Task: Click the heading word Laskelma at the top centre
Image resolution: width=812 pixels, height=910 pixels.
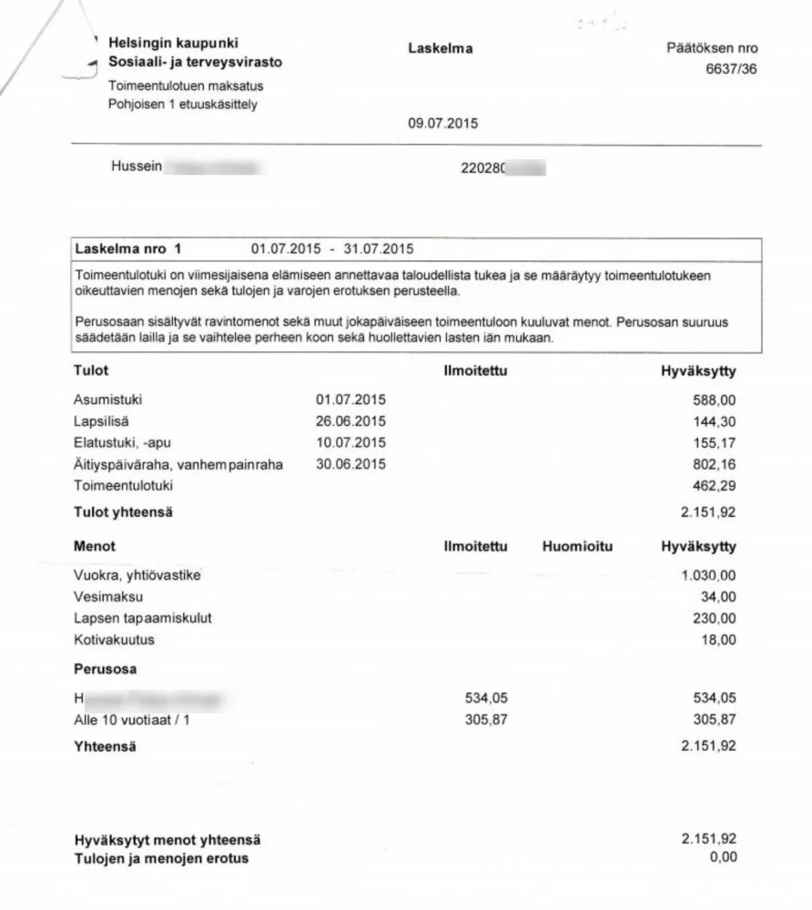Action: tap(441, 48)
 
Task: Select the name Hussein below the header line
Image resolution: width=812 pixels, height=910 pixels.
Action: tap(136, 167)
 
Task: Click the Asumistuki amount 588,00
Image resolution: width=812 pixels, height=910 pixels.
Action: tap(715, 399)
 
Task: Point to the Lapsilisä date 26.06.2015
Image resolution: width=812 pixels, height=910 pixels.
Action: tap(350, 420)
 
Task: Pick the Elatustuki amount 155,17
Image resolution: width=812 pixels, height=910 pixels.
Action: tap(715, 442)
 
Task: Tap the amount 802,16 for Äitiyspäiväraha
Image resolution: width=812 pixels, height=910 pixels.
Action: tap(715, 464)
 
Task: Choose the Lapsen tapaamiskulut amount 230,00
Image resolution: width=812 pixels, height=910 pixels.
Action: tap(715, 618)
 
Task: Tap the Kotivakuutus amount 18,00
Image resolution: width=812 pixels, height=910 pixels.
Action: tap(718, 640)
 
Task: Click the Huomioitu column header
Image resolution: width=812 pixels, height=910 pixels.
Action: tap(576, 547)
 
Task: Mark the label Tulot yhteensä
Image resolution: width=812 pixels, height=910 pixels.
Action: tap(123, 512)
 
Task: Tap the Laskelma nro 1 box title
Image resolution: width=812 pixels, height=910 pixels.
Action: tap(128, 248)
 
